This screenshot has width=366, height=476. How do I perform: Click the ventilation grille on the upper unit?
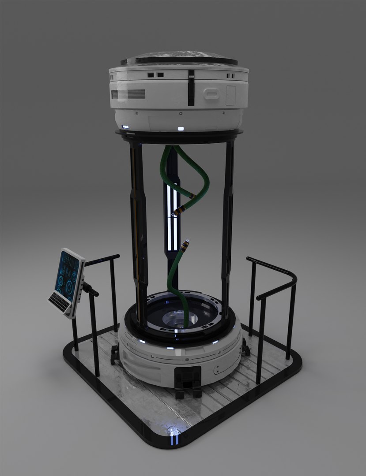pyautogui.click(x=128, y=94)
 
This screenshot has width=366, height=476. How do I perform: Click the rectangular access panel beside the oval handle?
pyautogui.click(x=230, y=95)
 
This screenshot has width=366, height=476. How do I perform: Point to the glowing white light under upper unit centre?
pyautogui.click(x=180, y=129)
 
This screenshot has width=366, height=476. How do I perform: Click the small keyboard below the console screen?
pyautogui.click(x=59, y=302)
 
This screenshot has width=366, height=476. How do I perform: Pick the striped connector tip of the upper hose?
pyautogui.click(x=178, y=211)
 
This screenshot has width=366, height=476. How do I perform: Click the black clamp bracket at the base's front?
pyautogui.click(x=188, y=380)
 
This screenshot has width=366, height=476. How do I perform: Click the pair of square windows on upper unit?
pyautogui.click(x=155, y=75)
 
